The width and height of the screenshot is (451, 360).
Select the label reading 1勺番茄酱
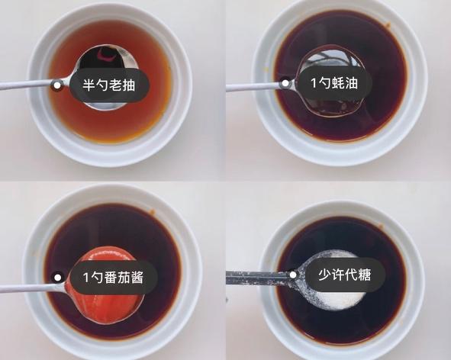click(114, 277)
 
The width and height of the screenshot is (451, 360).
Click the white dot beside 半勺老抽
click(56, 85)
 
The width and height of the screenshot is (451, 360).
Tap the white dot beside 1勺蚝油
click(285, 82)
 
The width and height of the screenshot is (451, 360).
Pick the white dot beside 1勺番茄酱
click(56, 278)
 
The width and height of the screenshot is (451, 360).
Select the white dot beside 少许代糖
click(292, 275)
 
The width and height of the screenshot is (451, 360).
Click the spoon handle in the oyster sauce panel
click(252, 86)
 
